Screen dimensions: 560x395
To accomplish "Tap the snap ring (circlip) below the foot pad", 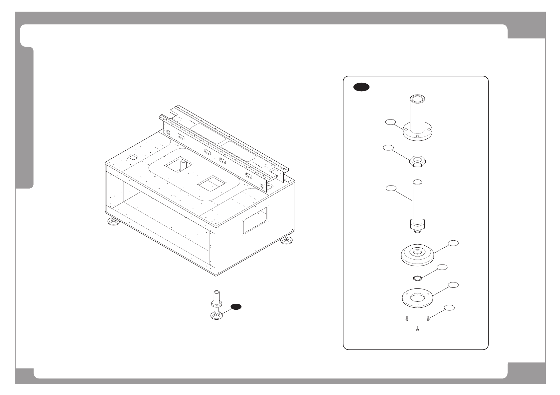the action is pos(417,278).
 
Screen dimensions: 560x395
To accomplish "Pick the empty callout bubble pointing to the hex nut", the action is pos(388,148).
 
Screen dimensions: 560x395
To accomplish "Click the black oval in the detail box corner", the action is pos(361,87).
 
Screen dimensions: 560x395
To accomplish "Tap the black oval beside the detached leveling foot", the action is pos(236,307).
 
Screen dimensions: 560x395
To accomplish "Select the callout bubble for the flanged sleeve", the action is pos(390,122).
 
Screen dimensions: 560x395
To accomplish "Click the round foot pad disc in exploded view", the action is pos(417,255).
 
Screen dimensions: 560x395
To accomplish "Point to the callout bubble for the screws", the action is pos(449,307).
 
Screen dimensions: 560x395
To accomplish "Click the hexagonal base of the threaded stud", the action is pos(417,225).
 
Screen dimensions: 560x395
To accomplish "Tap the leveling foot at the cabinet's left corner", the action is pos(114,221).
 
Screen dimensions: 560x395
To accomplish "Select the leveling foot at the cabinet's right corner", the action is pos(286,240).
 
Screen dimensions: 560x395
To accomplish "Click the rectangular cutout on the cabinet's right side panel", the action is pos(255,221).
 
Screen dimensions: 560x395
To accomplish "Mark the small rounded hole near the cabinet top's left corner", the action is pos(133,157).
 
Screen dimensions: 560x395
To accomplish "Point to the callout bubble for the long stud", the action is pos(391,188).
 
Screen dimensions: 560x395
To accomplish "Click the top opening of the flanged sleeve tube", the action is pos(417,99).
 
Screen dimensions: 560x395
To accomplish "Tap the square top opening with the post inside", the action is pos(179,165).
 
